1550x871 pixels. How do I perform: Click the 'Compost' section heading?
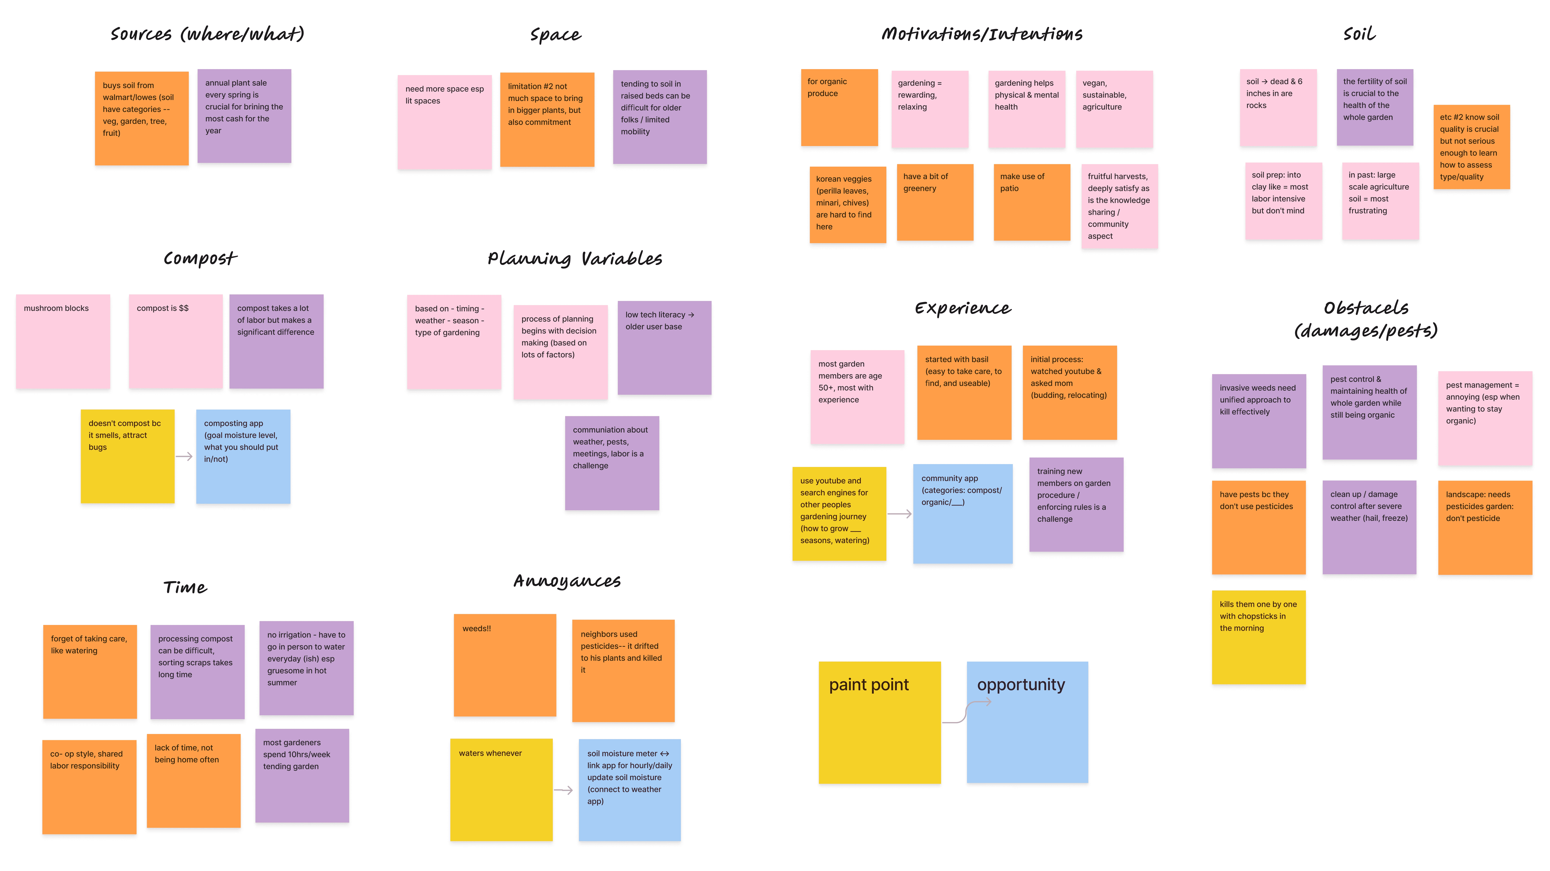tap(200, 259)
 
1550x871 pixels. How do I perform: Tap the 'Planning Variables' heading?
tap(575, 259)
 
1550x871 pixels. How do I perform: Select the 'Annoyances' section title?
tap(567, 581)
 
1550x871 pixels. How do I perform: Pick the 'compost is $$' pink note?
tap(176, 341)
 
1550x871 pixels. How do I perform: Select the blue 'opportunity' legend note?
tap(1027, 722)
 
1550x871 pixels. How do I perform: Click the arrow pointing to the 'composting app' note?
tap(184, 457)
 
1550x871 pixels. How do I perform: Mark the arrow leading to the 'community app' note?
tap(900, 514)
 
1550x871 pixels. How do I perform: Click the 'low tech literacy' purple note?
tap(664, 348)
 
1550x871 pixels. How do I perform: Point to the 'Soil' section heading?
tap(1359, 34)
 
